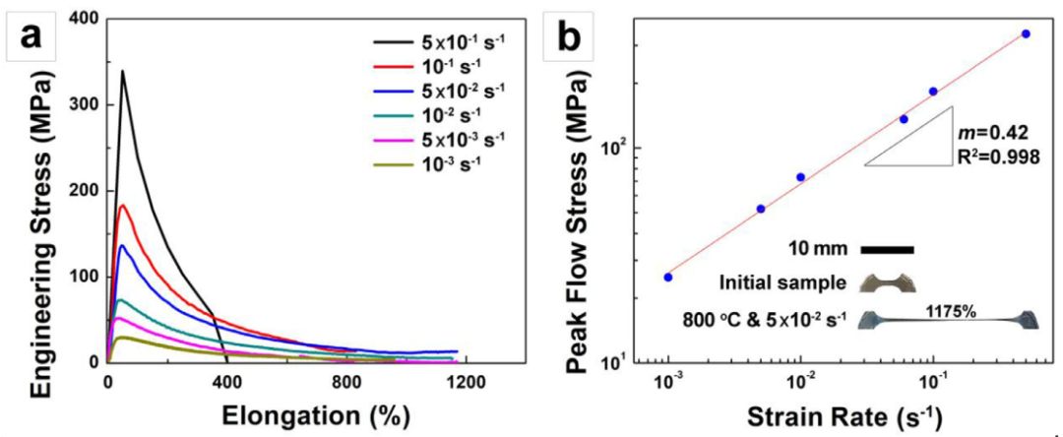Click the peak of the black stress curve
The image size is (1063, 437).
[122, 71]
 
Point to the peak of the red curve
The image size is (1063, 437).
[122, 206]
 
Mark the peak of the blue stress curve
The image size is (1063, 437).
[121, 245]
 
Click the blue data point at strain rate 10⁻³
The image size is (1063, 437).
[668, 277]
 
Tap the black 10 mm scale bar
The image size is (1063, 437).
[887, 250]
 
